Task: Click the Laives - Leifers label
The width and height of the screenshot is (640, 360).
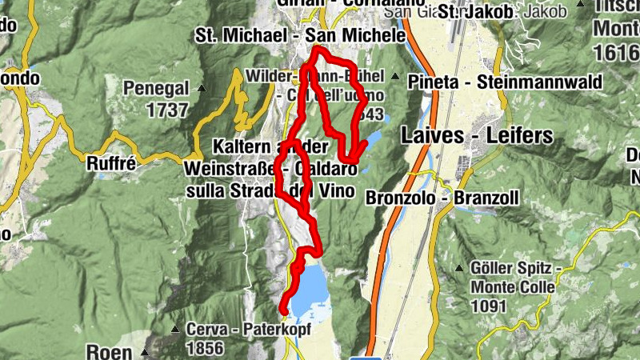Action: (x=478, y=135)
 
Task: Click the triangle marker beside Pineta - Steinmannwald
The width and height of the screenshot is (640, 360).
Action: (x=395, y=76)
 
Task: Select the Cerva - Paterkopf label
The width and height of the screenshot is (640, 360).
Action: (x=248, y=329)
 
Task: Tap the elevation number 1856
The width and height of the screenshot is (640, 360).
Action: (x=204, y=348)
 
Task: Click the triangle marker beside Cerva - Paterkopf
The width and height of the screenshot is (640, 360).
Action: (x=175, y=329)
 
